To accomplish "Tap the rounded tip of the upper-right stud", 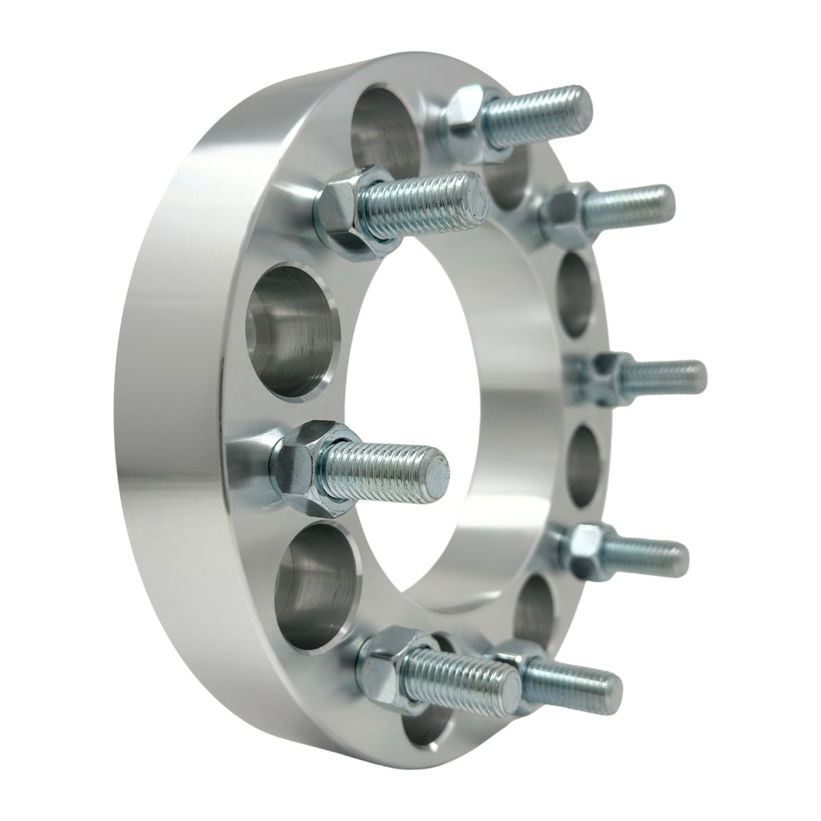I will point(664,200).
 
